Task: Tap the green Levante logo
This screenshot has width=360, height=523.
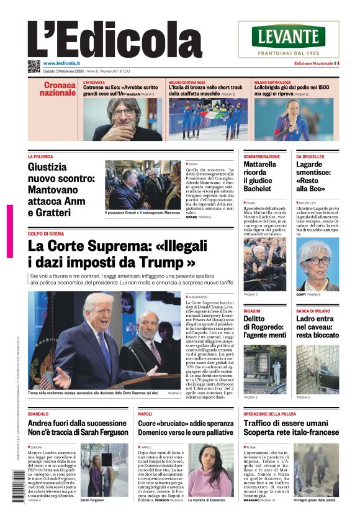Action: (289, 36)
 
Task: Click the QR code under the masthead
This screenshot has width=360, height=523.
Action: (34, 66)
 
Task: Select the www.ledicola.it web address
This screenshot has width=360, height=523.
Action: (66, 63)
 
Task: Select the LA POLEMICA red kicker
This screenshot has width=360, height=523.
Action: (40, 157)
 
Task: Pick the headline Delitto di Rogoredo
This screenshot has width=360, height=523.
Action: (264, 327)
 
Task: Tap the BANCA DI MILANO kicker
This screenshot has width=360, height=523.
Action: (312, 310)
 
